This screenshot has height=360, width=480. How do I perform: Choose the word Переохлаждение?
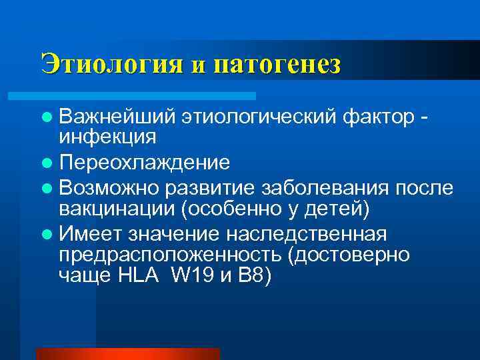(x=144, y=163)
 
